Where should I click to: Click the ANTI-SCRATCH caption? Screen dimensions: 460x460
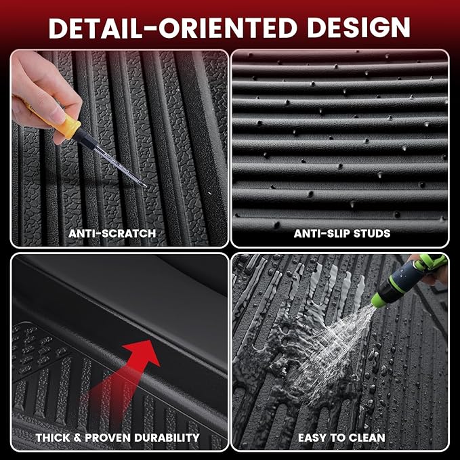coord(112,234)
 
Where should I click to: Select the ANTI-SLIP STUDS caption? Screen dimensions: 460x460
coord(342,234)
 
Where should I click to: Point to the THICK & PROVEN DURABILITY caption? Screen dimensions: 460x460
coord(117,438)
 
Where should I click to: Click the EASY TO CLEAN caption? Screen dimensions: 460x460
coord(341,438)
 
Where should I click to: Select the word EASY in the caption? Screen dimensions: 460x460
coord(312,438)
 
